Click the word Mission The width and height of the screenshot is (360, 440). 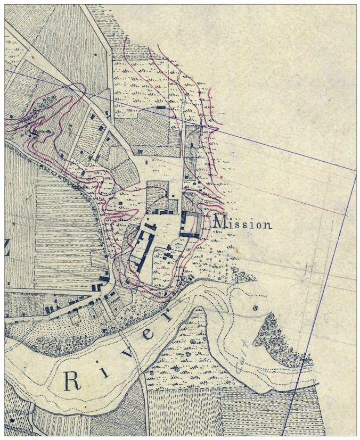[x=242, y=224]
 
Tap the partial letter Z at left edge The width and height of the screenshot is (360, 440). [x=7, y=253]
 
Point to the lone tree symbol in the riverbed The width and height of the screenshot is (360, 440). [x=255, y=308]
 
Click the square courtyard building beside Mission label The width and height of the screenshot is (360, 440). [x=191, y=224]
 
